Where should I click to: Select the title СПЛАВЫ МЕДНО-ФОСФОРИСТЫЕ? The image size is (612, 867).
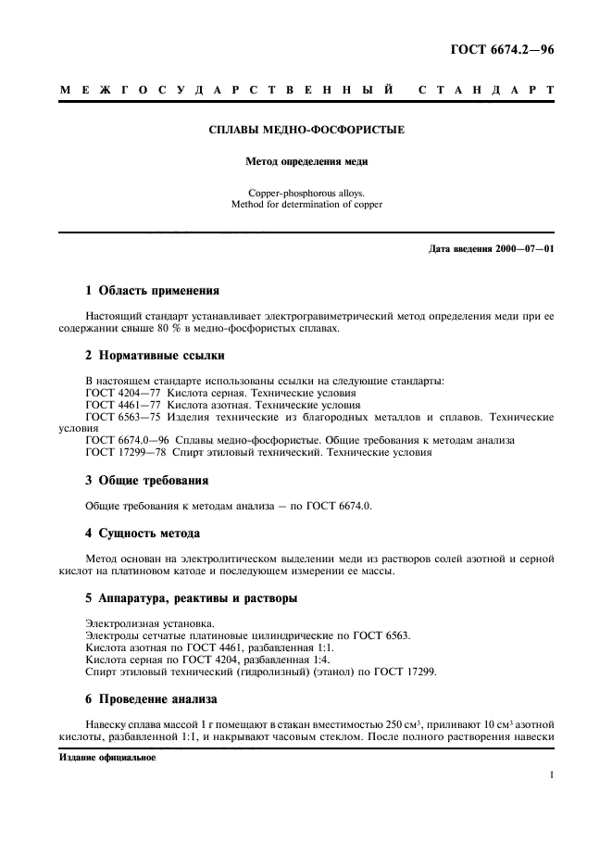pyautogui.click(x=306, y=131)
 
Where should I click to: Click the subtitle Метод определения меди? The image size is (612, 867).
pyautogui.click(x=306, y=161)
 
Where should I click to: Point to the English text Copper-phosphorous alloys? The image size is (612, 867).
pyautogui.click(x=306, y=192)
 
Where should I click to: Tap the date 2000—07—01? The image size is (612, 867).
pyautogui.click(x=519, y=250)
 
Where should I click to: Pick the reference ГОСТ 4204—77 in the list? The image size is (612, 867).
pyautogui.click(x=122, y=393)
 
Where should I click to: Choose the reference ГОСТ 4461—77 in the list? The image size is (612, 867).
pyautogui.click(x=122, y=405)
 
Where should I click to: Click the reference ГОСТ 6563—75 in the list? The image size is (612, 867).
pyautogui.click(x=122, y=417)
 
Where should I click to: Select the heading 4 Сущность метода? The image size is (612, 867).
pyautogui.click(x=143, y=534)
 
